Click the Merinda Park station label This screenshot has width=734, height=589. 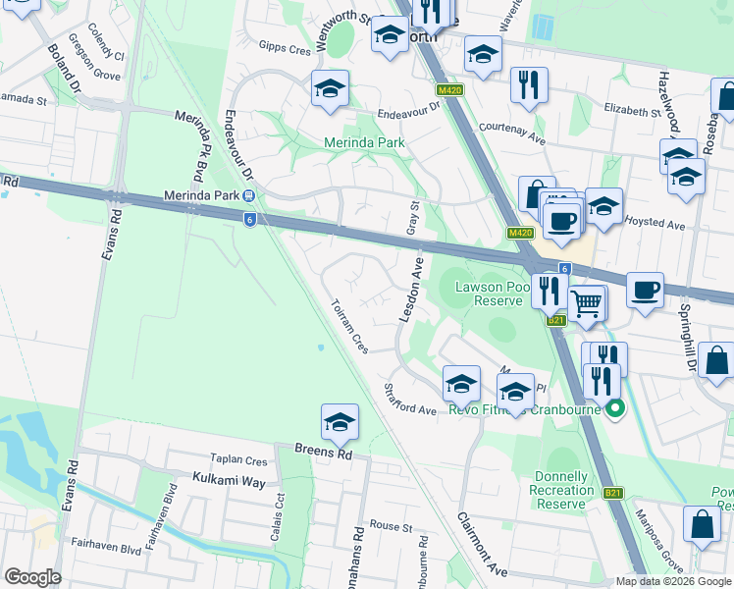pos(199,194)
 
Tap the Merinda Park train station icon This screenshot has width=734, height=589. pos(250,194)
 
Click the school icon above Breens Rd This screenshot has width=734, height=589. pos(340,422)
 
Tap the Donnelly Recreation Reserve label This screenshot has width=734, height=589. pos(561,490)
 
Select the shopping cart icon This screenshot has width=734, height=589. pos(587,304)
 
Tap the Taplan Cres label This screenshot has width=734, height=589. pos(238,459)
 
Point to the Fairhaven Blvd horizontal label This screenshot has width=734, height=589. pos(107,543)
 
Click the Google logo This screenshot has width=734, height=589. pos(32,577)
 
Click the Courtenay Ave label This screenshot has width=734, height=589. pos(511,133)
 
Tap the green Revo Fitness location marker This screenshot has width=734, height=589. pos(615,408)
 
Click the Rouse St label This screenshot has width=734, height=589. pos(392,527)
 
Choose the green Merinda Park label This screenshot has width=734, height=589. pos(364,142)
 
